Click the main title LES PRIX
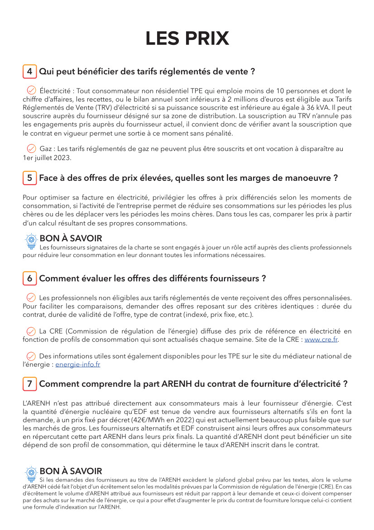[x=187, y=39]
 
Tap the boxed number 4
[x=29, y=71]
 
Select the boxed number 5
[x=29, y=178]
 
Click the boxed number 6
[x=29, y=278]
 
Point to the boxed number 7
[x=29, y=384]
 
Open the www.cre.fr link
[x=321, y=339]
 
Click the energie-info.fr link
[x=78, y=364]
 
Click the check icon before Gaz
[x=31, y=148]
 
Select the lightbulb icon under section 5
[x=31, y=239]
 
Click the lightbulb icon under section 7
[x=31, y=472]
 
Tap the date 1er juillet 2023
[x=47, y=158]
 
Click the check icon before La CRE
[x=31, y=331]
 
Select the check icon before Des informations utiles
[x=31, y=356]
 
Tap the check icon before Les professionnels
[x=31, y=297]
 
